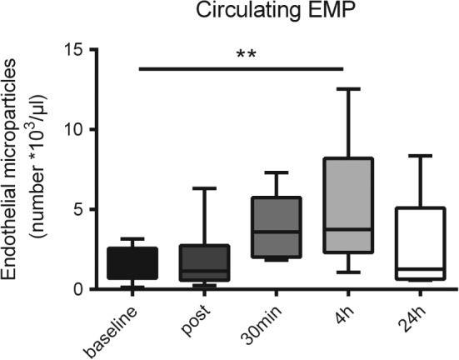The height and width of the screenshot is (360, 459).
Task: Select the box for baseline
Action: (x=138, y=263)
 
